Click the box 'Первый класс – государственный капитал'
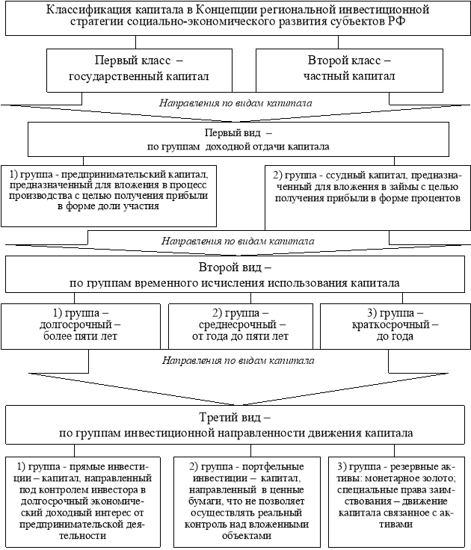pos(139,70)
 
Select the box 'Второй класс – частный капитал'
pos(349,70)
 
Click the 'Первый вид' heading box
pos(238,139)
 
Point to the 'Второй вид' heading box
pos(238,275)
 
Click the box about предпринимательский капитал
pos(109,196)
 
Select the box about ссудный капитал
pos(368,197)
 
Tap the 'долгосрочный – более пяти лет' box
pos(81,327)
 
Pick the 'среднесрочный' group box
pos(241,327)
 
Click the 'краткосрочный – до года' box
pos(395,327)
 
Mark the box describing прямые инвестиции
pos(83,502)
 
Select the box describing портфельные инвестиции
pos(247,502)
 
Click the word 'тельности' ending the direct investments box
pos(83,536)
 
